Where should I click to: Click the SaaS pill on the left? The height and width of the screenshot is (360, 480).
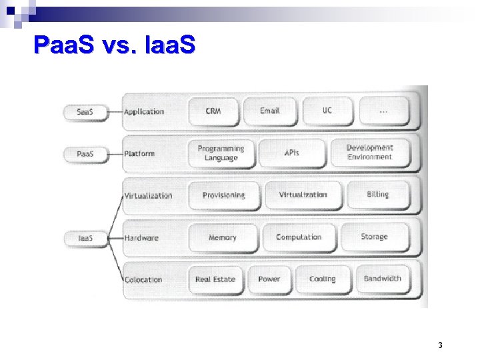point(85,111)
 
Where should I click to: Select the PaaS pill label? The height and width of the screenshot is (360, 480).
point(85,154)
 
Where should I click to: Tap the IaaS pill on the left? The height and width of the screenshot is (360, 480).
point(85,237)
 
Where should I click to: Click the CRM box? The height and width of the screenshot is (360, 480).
point(213,111)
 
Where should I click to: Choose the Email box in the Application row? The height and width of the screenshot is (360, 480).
point(270,111)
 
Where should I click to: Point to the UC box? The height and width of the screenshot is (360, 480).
point(327,111)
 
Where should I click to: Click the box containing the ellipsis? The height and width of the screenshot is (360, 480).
point(383,111)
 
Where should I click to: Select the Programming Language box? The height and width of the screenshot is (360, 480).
point(221,153)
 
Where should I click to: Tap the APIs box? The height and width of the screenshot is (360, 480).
point(292,153)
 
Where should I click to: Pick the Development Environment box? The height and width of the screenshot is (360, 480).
point(369,152)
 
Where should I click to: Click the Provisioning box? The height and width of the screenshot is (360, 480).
point(224,195)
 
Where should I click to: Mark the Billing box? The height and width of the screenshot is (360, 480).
point(377,194)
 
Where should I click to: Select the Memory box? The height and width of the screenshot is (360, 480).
point(223,237)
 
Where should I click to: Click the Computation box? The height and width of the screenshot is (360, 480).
point(299,237)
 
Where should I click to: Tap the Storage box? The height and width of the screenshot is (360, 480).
point(374,237)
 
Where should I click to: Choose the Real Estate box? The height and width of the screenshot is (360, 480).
point(215,279)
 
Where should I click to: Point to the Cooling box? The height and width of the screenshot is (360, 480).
point(323,279)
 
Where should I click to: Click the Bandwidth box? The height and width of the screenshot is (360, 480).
point(383,278)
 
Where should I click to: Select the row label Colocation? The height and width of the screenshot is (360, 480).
point(143,280)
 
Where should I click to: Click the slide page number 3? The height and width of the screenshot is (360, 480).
point(441,345)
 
